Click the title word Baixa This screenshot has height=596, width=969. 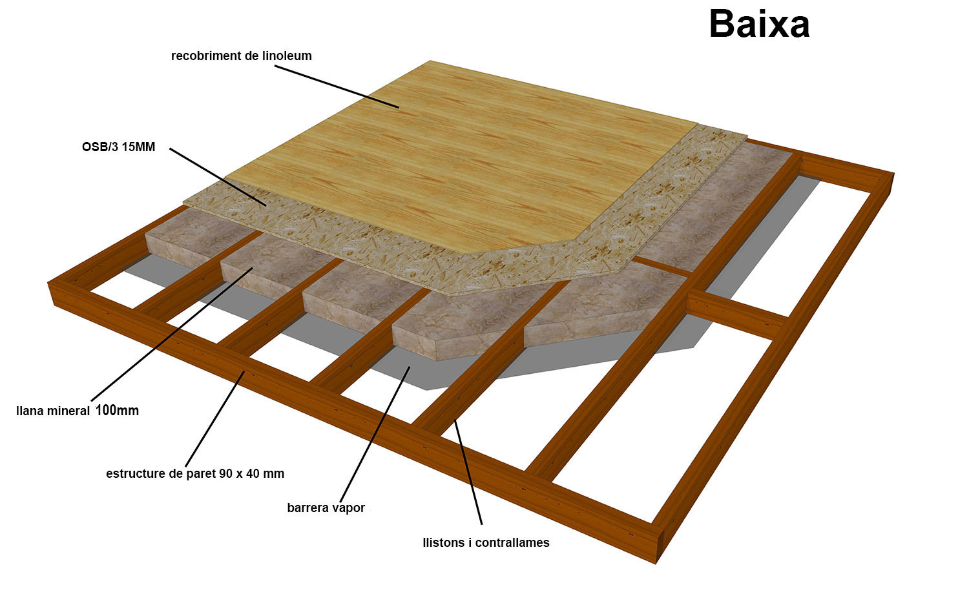point(759,25)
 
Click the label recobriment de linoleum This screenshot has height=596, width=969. point(241,56)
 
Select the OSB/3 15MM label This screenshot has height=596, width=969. point(118,147)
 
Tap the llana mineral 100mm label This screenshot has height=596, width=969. point(77,411)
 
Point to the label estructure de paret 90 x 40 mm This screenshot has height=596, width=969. point(194,474)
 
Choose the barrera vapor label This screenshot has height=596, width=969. point(326,508)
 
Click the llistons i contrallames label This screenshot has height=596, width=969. point(486,543)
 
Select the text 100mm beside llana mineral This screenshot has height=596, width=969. point(117,410)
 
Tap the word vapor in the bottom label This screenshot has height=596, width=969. point(348,509)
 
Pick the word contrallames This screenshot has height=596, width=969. point(512,543)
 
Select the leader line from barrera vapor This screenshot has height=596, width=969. point(375,433)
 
